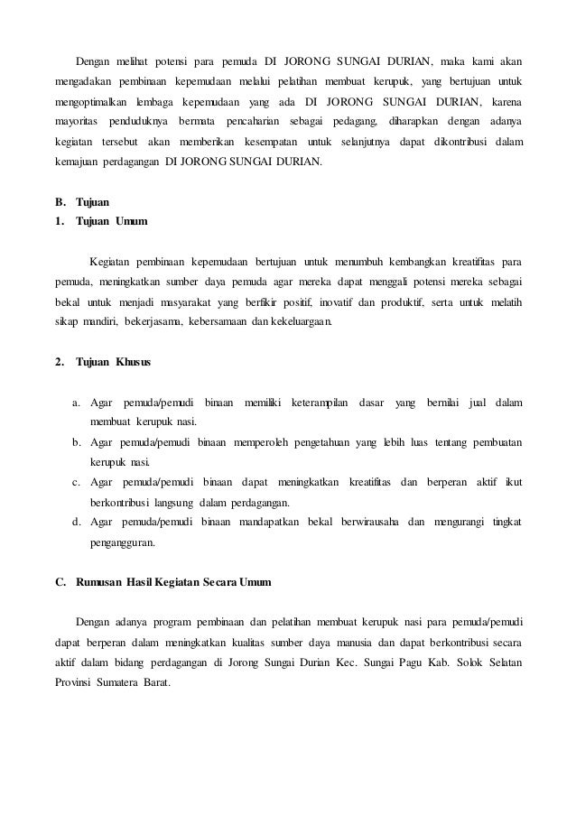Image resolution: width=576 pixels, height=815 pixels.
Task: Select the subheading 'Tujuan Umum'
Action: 114,221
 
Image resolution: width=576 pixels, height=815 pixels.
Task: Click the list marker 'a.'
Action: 77,403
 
